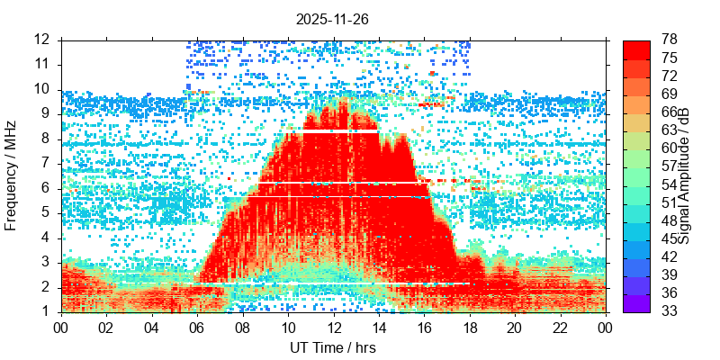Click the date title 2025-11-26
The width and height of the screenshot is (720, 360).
[333, 18]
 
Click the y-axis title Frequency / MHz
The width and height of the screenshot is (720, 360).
[12, 175]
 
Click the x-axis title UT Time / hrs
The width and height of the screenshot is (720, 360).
[333, 347]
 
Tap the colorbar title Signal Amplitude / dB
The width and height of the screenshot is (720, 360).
[685, 175]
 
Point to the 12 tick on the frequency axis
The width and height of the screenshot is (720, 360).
[41, 40]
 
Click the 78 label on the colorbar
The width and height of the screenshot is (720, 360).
[670, 40]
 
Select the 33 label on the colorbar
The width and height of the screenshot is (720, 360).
[670, 311]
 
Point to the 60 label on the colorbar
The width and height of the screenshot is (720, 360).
[670, 148]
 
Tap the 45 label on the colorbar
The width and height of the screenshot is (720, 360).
[670, 238]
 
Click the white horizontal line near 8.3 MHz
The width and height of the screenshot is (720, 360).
[340, 131]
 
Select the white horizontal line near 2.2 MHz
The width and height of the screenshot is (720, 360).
[333, 283]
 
